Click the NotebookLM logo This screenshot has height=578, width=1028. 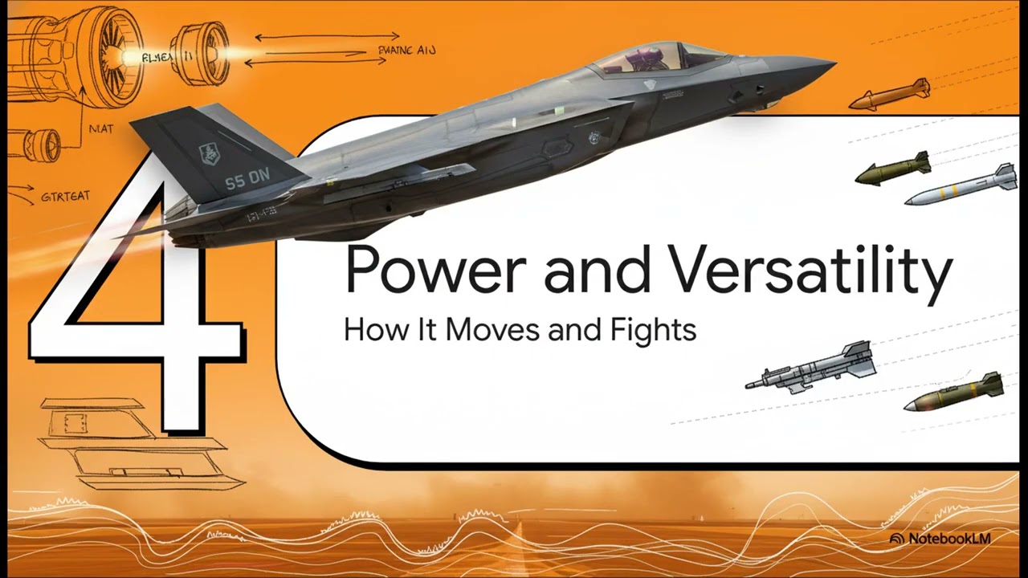(940, 539)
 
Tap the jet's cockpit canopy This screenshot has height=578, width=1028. (659, 59)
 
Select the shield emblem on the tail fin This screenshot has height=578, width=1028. (209, 152)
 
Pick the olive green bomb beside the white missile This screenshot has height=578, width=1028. (893, 169)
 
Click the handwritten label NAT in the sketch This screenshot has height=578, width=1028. (100, 128)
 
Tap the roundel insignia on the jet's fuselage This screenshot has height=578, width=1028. (594, 138)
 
